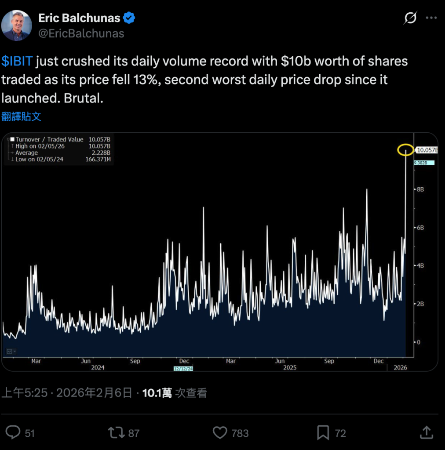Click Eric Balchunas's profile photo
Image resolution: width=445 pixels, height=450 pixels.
(x=17, y=25)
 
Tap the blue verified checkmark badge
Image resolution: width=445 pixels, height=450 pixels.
(x=129, y=18)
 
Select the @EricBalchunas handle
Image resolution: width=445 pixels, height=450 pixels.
(x=81, y=33)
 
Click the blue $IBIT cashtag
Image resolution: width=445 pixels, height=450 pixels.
(x=17, y=61)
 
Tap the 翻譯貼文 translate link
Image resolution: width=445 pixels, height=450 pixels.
(x=22, y=116)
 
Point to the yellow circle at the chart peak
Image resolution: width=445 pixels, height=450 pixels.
(x=405, y=150)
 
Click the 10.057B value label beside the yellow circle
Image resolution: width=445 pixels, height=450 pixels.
(x=427, y=150)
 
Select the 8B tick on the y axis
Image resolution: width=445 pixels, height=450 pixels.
(x=420, y=189)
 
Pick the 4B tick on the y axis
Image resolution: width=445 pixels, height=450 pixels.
(x=420, y=266)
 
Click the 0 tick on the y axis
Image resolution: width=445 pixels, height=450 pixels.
(x=419, y=342)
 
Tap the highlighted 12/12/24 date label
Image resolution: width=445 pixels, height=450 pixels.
(x=183, y=368)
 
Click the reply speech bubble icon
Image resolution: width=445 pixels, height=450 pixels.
(x=13, y=433)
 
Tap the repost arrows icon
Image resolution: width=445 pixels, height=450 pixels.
(x=117, y=433)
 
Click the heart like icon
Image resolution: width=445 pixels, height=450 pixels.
(x=220, y=433)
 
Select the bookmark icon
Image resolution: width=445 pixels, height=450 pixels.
(x=323, y=433)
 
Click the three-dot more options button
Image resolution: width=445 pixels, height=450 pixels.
(x=432, y=18)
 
